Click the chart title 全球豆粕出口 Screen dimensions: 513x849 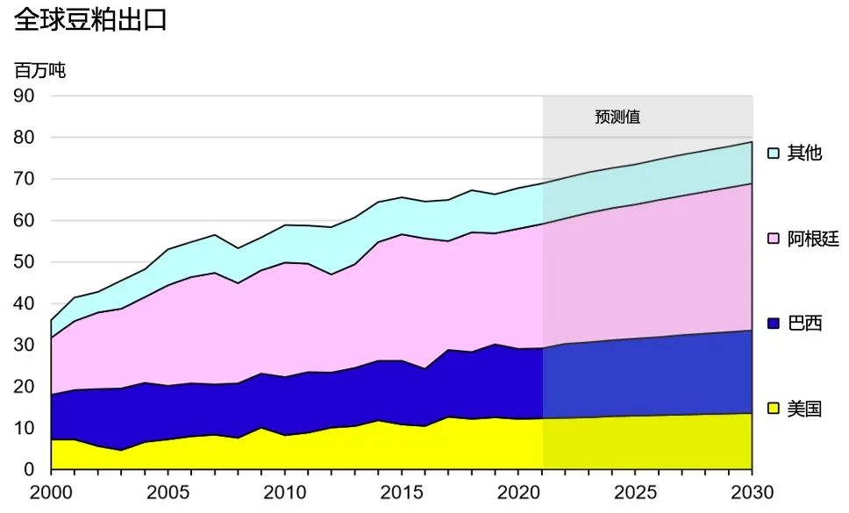pos(90,21)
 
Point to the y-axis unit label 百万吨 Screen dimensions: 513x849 pos(39,71)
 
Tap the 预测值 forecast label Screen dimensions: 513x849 pos(617,117)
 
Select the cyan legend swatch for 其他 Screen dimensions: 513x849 pos(774,153)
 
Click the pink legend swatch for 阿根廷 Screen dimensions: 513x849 pos(774,239)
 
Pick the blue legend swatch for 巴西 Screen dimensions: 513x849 pos(774,324)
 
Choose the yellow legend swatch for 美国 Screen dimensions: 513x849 pos(774,409)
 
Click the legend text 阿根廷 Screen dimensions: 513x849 pos(813,239)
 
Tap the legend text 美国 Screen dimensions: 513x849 pos(805,409)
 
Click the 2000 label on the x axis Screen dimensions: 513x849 pos(52,491)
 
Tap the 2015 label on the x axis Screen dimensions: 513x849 pos(403,491)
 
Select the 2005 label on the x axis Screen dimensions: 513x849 pos(168,491)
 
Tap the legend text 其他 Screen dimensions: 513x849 pos(805,153)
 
